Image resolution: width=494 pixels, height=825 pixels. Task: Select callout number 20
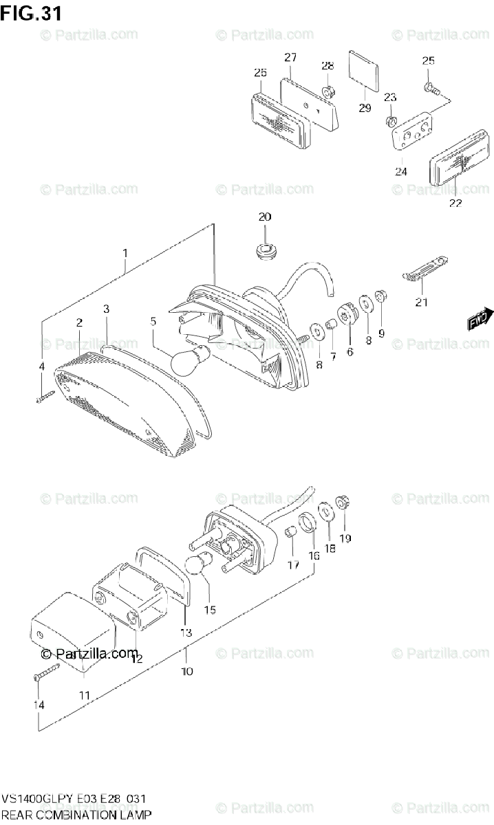click(265, 217)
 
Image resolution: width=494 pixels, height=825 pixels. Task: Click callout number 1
click(126, 253)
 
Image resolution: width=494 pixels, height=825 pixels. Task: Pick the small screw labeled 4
click(44, 397)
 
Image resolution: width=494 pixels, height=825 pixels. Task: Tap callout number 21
click(421, 302)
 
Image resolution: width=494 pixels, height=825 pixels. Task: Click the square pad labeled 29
click(364, 70)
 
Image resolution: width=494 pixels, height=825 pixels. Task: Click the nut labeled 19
click(341, 504)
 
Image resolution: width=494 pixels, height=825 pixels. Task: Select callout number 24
click(401, 171)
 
